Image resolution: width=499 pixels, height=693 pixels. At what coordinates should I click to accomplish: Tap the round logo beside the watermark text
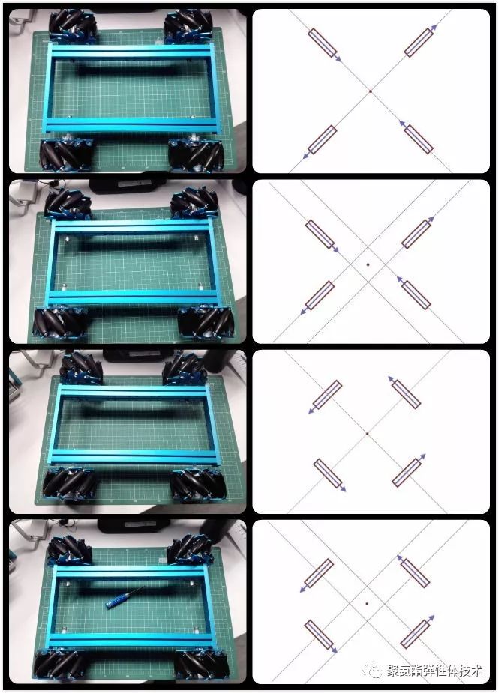372,671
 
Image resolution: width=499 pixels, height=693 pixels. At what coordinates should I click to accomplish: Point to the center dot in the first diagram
370,91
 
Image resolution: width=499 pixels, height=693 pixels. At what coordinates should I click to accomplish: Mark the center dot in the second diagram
368,264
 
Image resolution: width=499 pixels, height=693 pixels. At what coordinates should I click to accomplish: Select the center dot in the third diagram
368,433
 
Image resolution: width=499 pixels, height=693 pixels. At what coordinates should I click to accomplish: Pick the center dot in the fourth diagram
367,602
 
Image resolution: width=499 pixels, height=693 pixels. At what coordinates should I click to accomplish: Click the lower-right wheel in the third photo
197,485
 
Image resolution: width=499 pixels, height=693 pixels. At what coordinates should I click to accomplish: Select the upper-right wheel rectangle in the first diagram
419,43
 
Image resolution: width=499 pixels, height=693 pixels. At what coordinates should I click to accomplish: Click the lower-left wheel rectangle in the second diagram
320,296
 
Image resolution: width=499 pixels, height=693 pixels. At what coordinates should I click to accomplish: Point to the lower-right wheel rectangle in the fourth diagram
415,634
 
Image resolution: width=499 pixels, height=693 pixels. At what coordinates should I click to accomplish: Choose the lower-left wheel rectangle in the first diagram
322,140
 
